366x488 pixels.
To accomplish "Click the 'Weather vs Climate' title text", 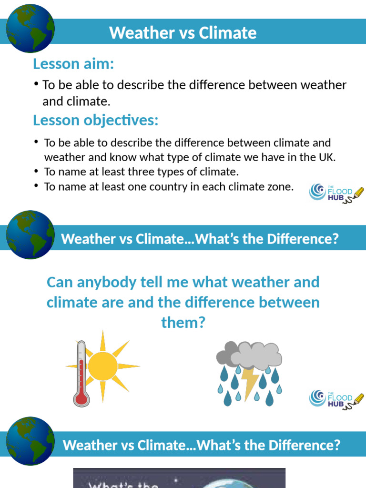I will click(x=183, y=33).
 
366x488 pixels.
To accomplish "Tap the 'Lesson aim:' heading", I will click(x=73, y=63).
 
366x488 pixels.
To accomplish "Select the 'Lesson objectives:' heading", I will click(x=95, y=120).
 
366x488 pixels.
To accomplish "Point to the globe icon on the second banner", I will click(x=30, y=235).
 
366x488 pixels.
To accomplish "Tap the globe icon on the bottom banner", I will click(x=30, y=441).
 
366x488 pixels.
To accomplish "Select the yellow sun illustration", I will click(x=102, y=366).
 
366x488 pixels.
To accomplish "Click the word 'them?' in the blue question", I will click(x=183, y=323).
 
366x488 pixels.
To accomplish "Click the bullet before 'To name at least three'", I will click(x=37, y=171).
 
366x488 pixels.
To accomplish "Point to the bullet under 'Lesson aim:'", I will click(x=36, y=84).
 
